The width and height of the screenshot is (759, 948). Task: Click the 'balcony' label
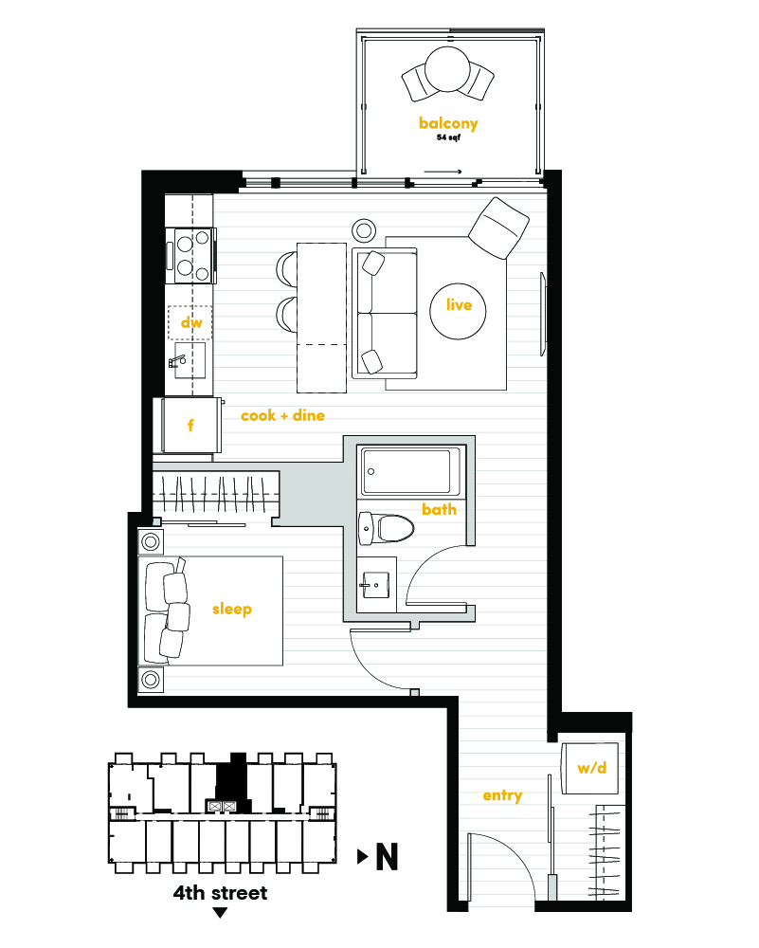448,123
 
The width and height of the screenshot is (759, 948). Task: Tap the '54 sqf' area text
448,137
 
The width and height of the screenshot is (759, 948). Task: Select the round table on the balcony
447,69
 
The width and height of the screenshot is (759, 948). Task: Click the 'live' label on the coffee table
460,304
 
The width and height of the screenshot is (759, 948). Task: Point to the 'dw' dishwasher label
191,321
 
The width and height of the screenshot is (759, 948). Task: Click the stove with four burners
192,255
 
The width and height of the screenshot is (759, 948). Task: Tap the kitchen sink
190,360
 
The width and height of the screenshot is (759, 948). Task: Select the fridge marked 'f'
189,425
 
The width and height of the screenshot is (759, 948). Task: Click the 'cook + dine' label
282,415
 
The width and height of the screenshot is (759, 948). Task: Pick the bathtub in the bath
407,471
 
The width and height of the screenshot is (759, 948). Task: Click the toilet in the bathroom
387,528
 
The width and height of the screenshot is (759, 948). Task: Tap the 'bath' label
440,510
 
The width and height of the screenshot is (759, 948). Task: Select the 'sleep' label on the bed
232,609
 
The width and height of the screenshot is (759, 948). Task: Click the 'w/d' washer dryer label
591,768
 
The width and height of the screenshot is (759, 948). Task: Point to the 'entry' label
502,795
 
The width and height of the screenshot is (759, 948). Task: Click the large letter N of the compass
388,856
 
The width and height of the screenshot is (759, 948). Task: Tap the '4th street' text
220,893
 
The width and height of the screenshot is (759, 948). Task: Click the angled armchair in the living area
499,228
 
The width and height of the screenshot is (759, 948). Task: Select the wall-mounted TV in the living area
543,314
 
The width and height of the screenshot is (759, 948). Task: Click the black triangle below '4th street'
221,912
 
